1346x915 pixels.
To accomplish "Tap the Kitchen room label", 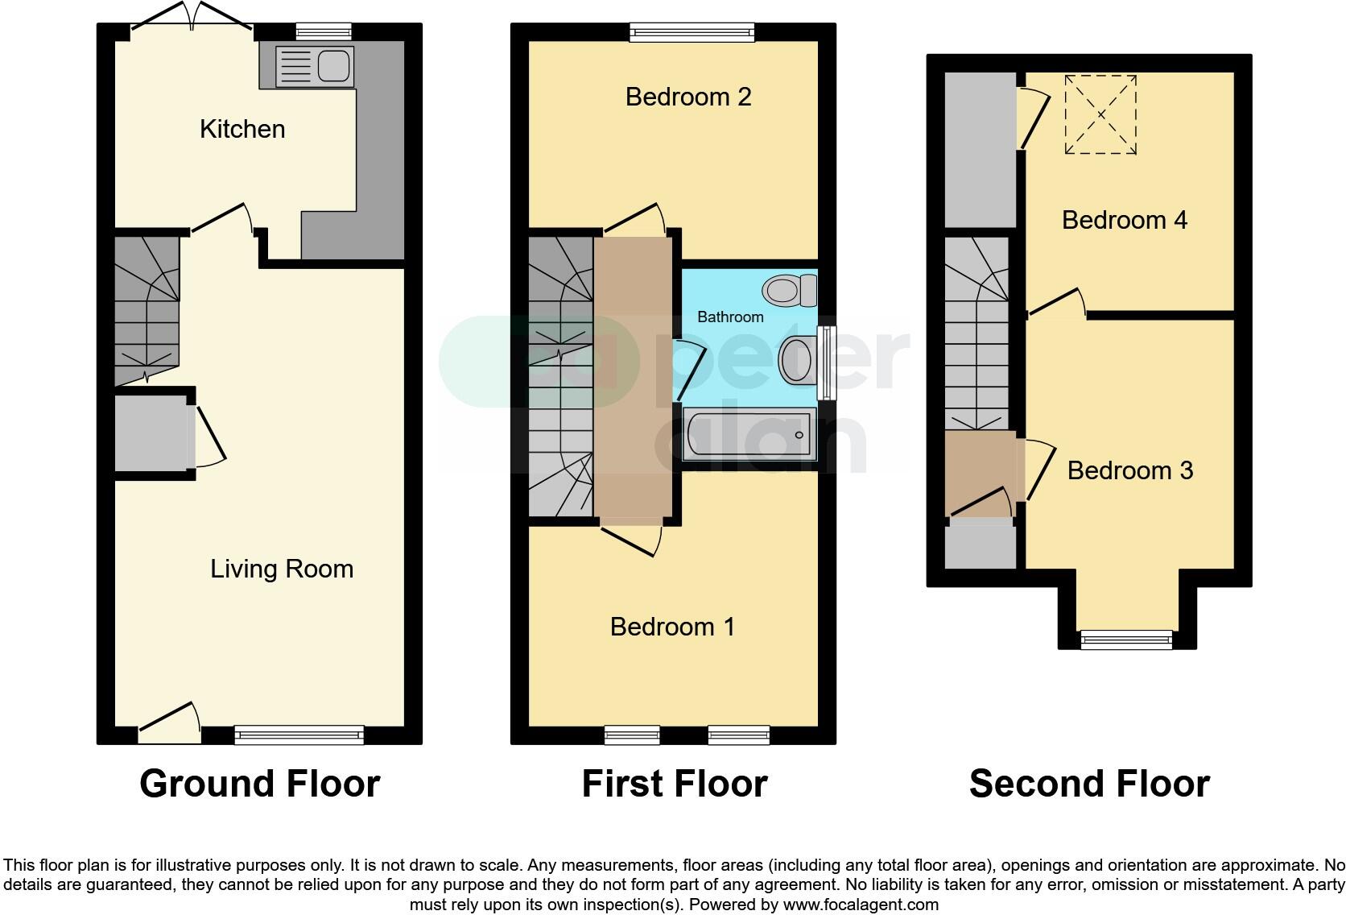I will (242, 129).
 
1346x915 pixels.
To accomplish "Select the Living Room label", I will (282, 569).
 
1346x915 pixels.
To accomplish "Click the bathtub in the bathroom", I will (749, 435).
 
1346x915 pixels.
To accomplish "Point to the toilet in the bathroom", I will (791, 290).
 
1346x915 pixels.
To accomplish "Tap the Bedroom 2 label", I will (688, 97).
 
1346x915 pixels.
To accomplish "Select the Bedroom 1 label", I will (672, 627).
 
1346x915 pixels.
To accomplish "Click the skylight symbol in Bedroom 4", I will (1100, 114).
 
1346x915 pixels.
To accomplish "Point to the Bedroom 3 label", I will (1129, 470).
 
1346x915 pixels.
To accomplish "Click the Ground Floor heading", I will (259, 784).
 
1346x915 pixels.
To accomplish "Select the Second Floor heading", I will (1089, 784).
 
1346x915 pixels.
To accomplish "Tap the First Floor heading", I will (675, 784).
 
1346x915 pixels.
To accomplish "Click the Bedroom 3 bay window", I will (1126, 640).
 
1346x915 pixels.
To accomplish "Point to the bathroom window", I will (826, 362).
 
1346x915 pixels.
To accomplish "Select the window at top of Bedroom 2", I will (692, 33).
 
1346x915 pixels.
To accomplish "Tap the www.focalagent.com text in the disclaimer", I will (861, 905).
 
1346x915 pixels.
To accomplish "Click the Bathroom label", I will (730, 317).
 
